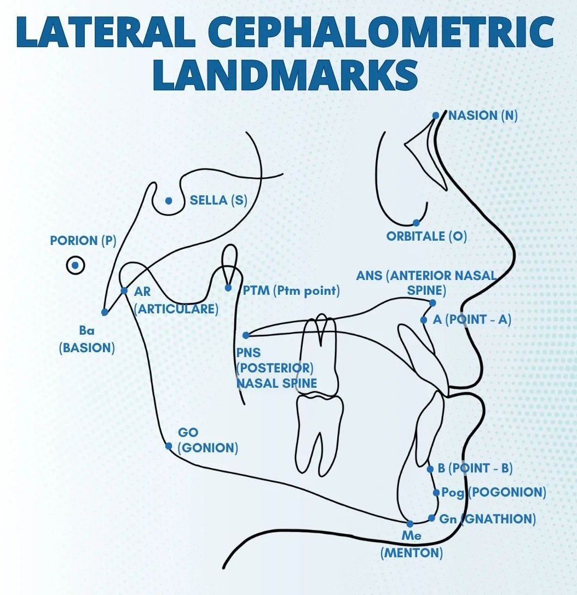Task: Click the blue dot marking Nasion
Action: pyautogui.click(x=436, y=115)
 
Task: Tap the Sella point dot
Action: pyautogui.click(x=169, y=201)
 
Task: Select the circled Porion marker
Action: pyautogui.click(x=76, y=266)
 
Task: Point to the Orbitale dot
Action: pyautogui.click(x=416, y=223)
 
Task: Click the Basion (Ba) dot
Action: pyautogui.click(x=105, y=312)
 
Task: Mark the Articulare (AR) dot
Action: pyautogui.click(x=124, y=291)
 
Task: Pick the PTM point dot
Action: pyautogui.click(x=228, y=287)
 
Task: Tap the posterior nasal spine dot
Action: pyautogui.click(x=246, y=335)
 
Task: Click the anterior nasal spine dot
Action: pyautogui.click(x=432, y=302)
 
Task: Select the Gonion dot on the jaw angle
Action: pyautogui.click(x=169, y=446)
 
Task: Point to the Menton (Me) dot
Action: pyautogui.click(x=409, y=523)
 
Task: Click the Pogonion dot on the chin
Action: pyautogui.click(x=436, y=493)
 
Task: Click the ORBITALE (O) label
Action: pyautogui.click(x=426, y=237)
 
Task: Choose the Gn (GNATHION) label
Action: pyautogui.click(x=487, y=518)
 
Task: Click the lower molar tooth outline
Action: pyautogui.click(x=319, y=432)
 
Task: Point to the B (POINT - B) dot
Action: pyautogui.click(x=430, y=469)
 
